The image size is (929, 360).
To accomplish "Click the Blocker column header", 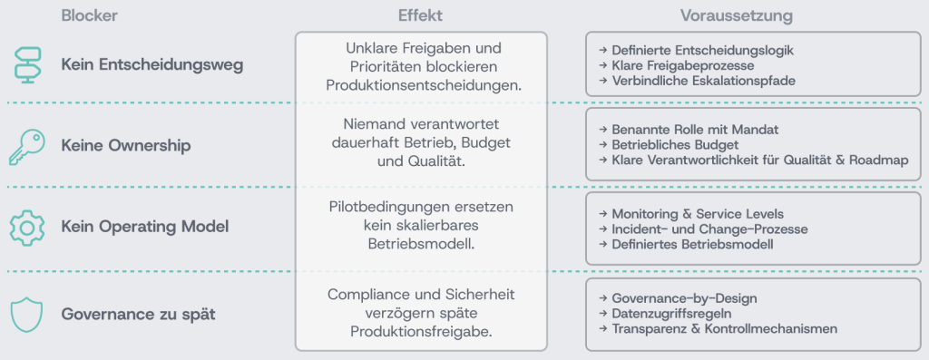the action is (x=90, y=16).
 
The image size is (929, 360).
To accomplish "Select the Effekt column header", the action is (x=420, y=16).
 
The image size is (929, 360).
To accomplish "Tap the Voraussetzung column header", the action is (x=737, y=16).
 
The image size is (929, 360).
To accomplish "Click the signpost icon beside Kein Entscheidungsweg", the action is (x=27, y=64).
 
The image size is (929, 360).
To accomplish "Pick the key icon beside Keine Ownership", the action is (x=27, y=146).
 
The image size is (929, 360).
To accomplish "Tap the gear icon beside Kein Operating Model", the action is (x=27, y=227).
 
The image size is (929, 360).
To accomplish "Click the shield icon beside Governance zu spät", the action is (x=27, y=315).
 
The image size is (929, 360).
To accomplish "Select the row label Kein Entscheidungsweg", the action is (x=152, y=65).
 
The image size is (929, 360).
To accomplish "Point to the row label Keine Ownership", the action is (x=126, y=146).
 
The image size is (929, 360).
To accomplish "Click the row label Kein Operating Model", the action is (x=145, y=227).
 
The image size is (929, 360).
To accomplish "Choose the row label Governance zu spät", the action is (x=139, y=314).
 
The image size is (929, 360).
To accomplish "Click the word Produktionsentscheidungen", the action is (x=424, y=85).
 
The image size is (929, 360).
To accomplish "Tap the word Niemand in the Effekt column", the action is (x=370, y=124).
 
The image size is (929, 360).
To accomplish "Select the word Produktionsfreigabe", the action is (x=421, y=332).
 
